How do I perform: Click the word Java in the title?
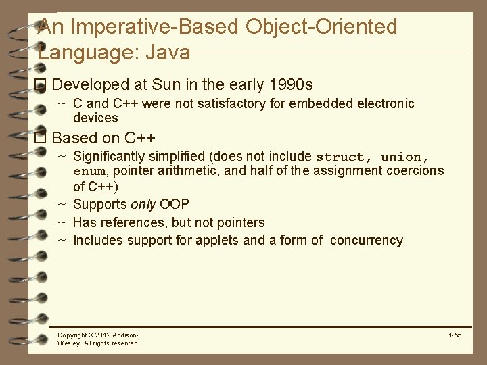168,52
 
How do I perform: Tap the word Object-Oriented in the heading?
321,26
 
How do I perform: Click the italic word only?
143,204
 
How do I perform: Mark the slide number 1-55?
455,335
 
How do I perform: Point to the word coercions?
415,171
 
